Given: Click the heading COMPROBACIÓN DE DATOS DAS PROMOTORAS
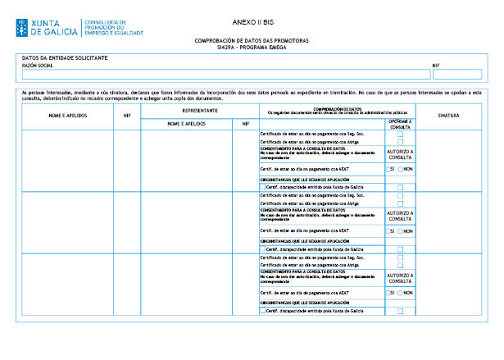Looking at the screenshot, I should click(252, 40).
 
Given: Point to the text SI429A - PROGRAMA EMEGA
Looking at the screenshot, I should click(252, 47).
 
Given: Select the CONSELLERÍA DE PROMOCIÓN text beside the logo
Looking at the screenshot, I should click(115, 27).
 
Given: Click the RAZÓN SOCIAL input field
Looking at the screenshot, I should click(221, 74).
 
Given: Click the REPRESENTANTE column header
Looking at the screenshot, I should click(199, 110).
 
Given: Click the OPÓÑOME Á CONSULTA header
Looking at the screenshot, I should click(400, 123).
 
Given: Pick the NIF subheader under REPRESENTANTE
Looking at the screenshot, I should click(245, 124).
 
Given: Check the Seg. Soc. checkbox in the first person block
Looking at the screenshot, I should click(400, 134).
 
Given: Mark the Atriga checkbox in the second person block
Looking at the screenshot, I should click(400, 203).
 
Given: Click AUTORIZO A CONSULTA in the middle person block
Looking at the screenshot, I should click(400, 214).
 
